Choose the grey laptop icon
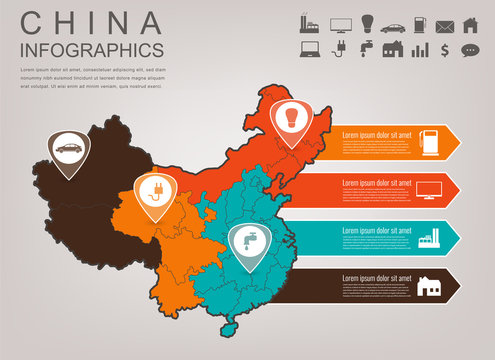pos(309,48)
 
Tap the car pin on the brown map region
pos(67,149)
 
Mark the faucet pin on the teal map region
pos(246,238)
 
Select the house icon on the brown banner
pos(432,286)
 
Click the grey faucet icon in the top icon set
pos(365,48)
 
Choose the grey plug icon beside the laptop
pos(338,48)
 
